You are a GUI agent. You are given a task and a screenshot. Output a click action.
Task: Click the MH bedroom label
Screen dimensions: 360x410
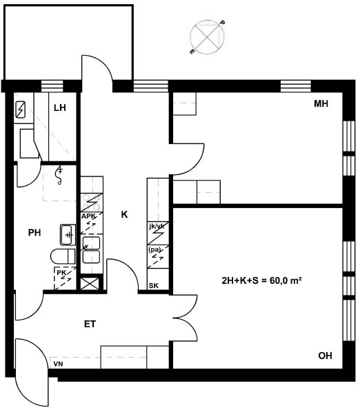(x=321, y=104)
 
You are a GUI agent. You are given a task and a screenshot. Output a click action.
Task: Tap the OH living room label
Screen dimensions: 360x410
(x=325, y=356)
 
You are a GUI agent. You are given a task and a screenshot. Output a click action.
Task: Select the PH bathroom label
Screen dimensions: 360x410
(x=34, y=232)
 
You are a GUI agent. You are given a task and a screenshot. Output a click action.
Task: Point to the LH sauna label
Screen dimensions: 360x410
(x=60, y=107)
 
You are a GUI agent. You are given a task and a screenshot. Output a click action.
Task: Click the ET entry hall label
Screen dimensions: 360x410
(x=90, y=325)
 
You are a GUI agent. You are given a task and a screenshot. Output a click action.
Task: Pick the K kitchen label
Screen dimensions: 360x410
(x=124, y=215)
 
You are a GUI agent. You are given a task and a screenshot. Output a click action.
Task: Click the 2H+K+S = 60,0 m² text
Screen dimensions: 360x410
(x=261, y=280)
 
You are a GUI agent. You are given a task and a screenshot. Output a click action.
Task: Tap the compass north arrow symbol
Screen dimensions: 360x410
(x=207, y=37)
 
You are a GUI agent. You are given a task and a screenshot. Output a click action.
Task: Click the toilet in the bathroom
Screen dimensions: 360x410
(x=63, y=256)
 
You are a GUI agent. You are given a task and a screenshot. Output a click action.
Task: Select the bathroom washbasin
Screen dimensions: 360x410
(x=68, y=235)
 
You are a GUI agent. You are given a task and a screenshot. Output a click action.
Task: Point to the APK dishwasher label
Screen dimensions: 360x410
(x=88, y=216)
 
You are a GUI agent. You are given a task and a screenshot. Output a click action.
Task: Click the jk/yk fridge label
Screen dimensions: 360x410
(x=157, y=227)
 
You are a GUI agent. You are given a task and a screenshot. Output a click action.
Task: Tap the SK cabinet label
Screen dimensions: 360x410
(x=154, y=286)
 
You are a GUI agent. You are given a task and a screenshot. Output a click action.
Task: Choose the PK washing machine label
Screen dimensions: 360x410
(x=61, y=273)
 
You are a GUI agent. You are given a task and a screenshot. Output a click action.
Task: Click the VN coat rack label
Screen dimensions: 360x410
(x=58, y=364)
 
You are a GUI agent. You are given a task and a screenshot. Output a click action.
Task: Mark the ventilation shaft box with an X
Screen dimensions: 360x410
(x=90, y=284)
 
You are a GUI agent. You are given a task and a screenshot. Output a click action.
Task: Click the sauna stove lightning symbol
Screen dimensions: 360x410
(x=20, y=110)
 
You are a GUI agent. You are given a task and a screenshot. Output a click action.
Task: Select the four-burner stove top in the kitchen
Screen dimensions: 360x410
(x=92, y=203)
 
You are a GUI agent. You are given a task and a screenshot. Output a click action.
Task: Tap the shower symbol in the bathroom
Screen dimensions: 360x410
(x=60, y=175)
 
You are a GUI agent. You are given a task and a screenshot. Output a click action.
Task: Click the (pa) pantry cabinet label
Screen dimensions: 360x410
(x=154, y=249)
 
